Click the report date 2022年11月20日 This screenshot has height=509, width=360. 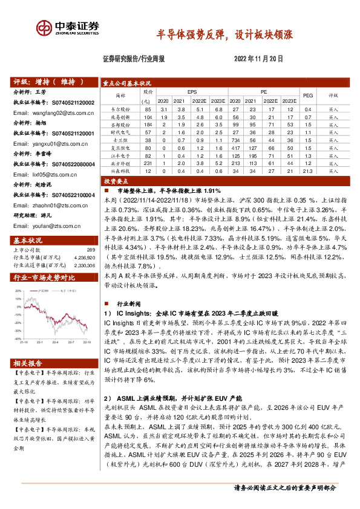[x=258, y=59]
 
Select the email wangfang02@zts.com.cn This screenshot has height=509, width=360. [x=55, y=112]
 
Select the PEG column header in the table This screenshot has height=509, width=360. [x=307, y=96]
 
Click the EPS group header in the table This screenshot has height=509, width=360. [x=192, y=92]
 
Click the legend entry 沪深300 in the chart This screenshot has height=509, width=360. [x=42, y=290]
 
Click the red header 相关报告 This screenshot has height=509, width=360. [x=28, y=363]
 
